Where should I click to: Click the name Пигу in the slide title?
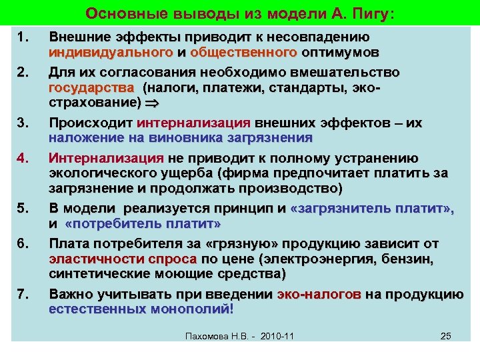361,13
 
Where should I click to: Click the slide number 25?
446,336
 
